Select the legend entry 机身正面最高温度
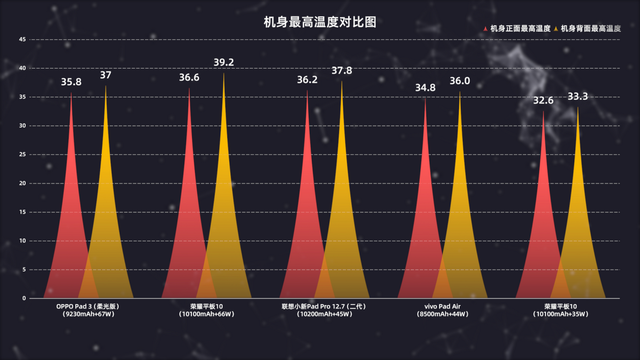pos(518,28)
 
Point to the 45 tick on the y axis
pos(22,40)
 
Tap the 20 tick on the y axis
pos(22,184)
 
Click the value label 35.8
pos(71,82)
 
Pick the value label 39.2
pos(223,63)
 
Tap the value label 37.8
pos(341,71)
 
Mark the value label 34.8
pos(424,88)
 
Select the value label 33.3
pos(577,97)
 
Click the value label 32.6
pos(544,101)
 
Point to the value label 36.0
pos(459,81)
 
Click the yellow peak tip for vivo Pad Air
pos(459,93)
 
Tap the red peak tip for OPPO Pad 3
pos(71,94)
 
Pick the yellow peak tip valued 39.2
pos(223,75)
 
